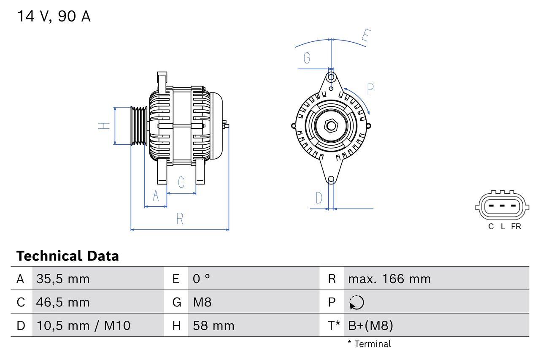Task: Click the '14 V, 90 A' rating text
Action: pyautogui.click(x=54, y=16)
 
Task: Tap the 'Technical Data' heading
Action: pyautogui.click(x=67, y=256)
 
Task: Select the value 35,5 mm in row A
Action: pyautogui.click(x=63, y=279)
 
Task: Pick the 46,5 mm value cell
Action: pyautogui.click(x=63, y=302)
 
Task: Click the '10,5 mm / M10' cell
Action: pyautogui.click(x=83, y=325)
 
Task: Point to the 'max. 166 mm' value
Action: pyautogui.click(x=389, y=279)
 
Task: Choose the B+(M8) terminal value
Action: pyautogui.click(x=370, y=325)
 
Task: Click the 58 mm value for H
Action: pyautogui.click(x=213, y=325)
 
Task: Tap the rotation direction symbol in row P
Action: pyautogui.click(x=356, y=302)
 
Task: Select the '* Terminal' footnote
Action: pyautogui.click(x=370, y=344)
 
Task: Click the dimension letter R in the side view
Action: pyautogui.click(x=180, y=219)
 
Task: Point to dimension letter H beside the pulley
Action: pyautogui.click(x=104, y=125)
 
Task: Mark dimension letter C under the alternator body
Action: pyautogui.click(x=181, y=182)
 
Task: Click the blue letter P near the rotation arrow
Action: pyautogui.click(x=370, y=89)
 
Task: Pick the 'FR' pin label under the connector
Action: pyautogui.click(x=516, y=226)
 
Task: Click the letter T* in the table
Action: pyautogui.click(x=334, y=325)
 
